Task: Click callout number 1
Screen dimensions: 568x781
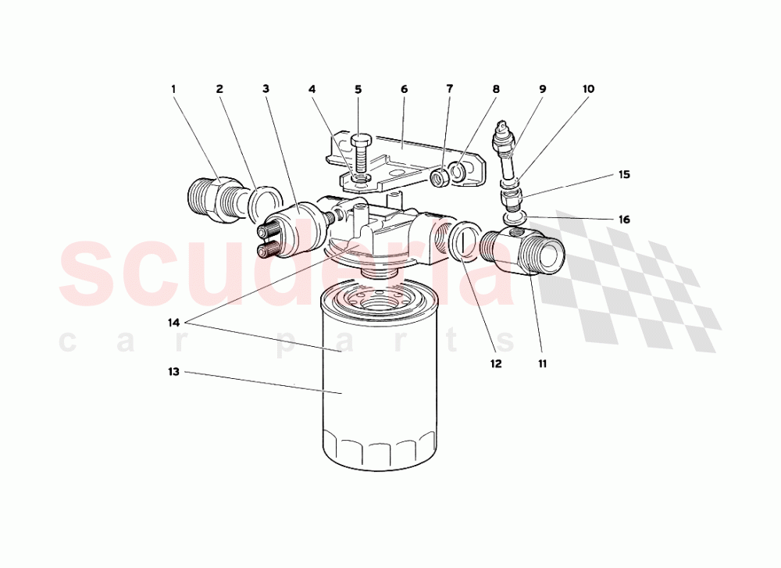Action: click(173, 89)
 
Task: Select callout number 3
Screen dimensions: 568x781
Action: click(266, 89)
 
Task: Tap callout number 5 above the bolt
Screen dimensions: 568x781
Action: click(358, 89)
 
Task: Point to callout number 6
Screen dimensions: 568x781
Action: click(405, 89)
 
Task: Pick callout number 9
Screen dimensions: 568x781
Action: click(542, 89)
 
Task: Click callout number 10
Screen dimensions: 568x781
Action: click(588, 89)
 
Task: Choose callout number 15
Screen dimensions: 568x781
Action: click(623, 175)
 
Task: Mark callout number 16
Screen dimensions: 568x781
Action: click(623, 220)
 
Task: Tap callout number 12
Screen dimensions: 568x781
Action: click(495, 363)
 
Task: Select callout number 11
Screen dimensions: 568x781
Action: click(541, 363)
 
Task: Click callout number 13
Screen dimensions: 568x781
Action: click(173, 372)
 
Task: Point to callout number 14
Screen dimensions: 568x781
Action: click(173, 322)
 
